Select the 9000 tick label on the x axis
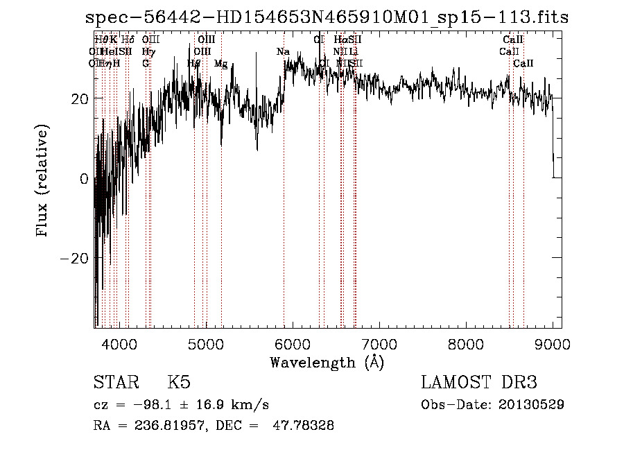(552, 344)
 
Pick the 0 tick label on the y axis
(84, 178)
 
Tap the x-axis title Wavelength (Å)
(327, 362)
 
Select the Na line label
(283, 52)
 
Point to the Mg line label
(220, 64)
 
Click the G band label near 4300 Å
(146, 64)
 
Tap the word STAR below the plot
(115, 383)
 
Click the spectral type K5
(179, 383)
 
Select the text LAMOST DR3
(479, 383)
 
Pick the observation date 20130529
(530, 404)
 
